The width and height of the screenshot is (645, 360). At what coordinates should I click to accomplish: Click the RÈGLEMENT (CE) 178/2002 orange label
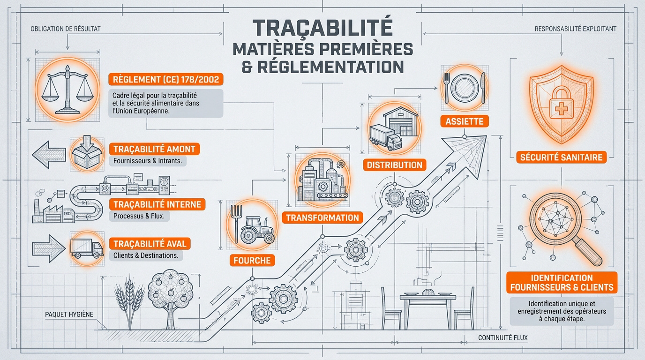[166, 79]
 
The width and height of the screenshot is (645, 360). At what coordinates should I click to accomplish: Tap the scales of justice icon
[67, 89]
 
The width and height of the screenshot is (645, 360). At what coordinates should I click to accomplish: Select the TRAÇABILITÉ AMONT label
[154, 149]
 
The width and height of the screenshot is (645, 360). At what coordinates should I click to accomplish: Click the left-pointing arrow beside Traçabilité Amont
[49, 155]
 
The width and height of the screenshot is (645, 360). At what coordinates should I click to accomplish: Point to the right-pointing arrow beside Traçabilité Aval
[49, 248]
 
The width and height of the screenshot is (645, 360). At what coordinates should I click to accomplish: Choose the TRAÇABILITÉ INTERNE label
[157, 204]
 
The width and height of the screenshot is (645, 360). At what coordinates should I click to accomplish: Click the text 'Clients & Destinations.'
[146, 255]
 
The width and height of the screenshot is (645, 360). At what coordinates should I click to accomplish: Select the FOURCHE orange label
[252, 260]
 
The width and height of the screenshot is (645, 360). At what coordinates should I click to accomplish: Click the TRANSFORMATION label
[322, 217]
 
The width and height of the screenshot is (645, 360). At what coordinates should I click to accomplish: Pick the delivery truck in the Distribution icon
[385, 138]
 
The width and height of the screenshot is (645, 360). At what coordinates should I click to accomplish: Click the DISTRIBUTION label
[395, 165]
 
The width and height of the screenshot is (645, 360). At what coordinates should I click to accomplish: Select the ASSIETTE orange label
[465, 121]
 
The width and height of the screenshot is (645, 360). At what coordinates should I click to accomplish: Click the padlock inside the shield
[561, 104]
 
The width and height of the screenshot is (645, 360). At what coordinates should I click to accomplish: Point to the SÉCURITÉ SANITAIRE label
[561, 157]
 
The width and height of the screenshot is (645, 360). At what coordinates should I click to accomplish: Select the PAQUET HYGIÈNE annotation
[69, 314]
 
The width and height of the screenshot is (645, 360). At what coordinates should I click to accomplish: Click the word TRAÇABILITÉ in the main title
[322, 28]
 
